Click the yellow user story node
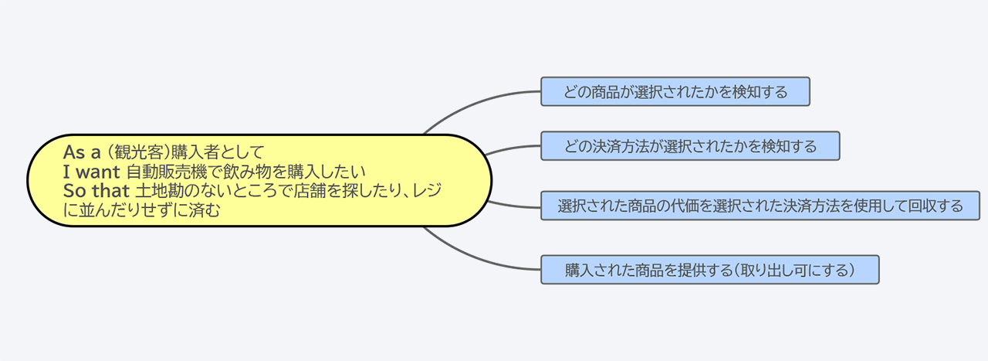tap(259, 180)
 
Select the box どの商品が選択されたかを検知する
tap(675, 91)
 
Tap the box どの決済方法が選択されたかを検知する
tap(690, 146)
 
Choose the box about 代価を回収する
tap(760, 206)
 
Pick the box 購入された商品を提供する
tap(710, 270)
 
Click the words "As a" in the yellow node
tap(82, 152)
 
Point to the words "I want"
tap(92, 172)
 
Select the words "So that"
tap(96, 191)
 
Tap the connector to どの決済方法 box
tap(513, 148)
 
